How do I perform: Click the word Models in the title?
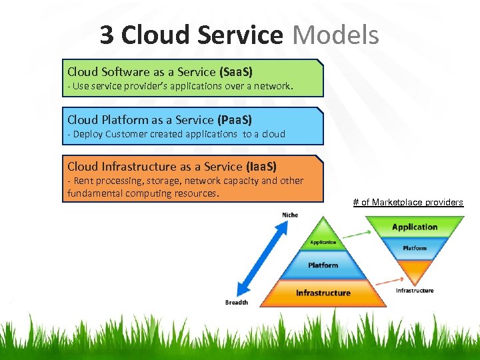[x=335, y=35]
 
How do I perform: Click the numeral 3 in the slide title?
[x=107, y=35]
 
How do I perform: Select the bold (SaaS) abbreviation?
[x=235, y=71]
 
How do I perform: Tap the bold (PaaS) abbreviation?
[x=235, y=119]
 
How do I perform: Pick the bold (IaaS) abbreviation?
[x=261, y=167]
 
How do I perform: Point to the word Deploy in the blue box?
[x=87, y=133]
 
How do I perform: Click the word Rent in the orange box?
[x=84, y=181]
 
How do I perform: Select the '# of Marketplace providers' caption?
[x=408, y=202]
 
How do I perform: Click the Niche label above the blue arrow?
[x=290, y=215]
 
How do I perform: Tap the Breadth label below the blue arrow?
[x=237, y=302]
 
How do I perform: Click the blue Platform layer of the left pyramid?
[x=323, y=265]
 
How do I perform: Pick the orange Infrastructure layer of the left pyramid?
[x=323, y=293]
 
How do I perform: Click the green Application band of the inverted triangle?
[x=415, y=227]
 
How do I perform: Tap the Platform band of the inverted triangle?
[x=415, y=248]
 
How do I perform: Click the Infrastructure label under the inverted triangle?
[x=415, y=290]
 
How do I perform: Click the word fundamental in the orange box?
[x=93, y=193]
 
